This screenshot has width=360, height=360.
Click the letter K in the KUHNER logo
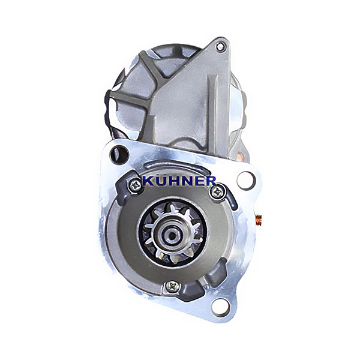tap(148, 181)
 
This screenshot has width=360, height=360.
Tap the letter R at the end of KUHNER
tap(211, 181)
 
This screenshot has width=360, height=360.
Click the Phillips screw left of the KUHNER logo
tap(135, 184)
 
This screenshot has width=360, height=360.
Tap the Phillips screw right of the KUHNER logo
tap(217, 192)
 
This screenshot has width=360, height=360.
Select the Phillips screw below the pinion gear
tap(172, 287)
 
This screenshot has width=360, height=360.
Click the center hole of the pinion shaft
tap(172, 235)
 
